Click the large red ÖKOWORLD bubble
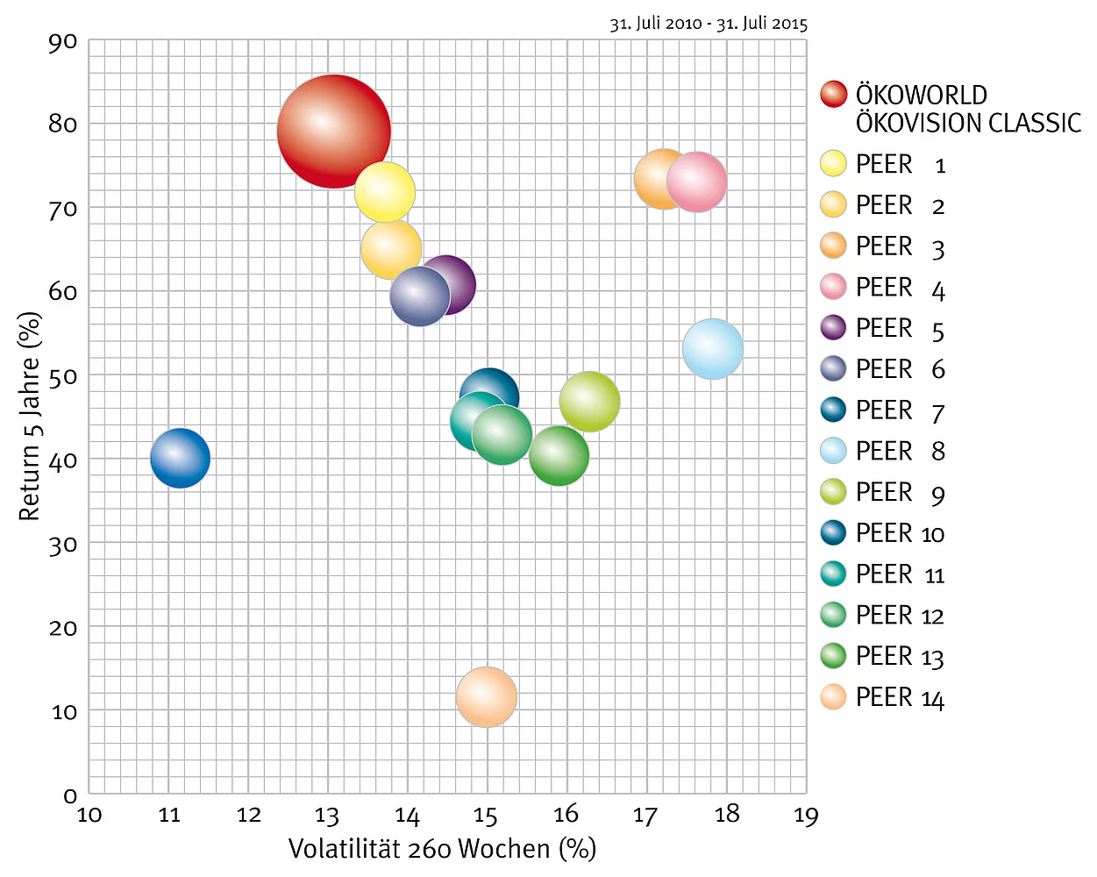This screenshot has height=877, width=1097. (333, 131)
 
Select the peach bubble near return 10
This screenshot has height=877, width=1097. (487, 697)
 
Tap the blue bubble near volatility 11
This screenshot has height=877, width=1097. (180, 458)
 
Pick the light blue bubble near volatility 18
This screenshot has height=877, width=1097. (713, 349)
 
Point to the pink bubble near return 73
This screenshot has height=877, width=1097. (697, 182)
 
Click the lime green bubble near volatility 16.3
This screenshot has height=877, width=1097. (590, 402)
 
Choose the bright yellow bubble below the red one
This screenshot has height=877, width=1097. (385, 192)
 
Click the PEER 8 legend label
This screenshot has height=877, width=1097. (900, 452)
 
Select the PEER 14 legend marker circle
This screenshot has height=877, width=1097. (833, 697)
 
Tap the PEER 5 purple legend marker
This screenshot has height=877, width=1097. (833, 328)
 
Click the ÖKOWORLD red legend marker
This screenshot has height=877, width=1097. (833, 94)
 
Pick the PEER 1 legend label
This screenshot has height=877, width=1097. (900, 165)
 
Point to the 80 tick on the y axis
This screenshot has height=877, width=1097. (63, 124)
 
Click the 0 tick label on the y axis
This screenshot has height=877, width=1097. (70, 795)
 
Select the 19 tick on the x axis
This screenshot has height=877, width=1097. (806, 816)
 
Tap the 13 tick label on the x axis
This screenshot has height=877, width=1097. (327, 816)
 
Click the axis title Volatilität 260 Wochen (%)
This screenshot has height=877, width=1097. (442, 849)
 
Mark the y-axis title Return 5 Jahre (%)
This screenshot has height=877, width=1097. (30, 417)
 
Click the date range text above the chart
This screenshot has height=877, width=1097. (709, 24)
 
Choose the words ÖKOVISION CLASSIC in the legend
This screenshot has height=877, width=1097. (968, 123)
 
